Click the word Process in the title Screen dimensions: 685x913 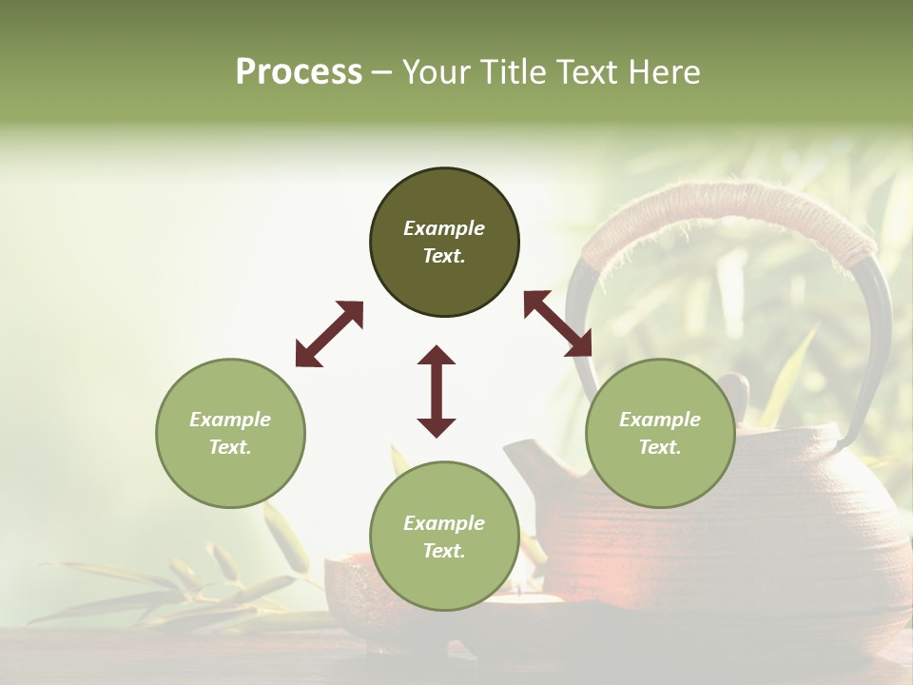click(299, 72)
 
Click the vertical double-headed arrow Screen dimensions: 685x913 click(437, 391)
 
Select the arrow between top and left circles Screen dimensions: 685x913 click(329, 333)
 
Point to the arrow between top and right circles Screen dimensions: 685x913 click(557, 323)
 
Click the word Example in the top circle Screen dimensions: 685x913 click(444, 228)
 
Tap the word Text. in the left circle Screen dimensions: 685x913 click(230, 447)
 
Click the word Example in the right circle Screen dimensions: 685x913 click(660, 420)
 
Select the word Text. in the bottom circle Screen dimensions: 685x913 click(444, 551)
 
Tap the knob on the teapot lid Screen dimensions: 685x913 click(733, 389)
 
